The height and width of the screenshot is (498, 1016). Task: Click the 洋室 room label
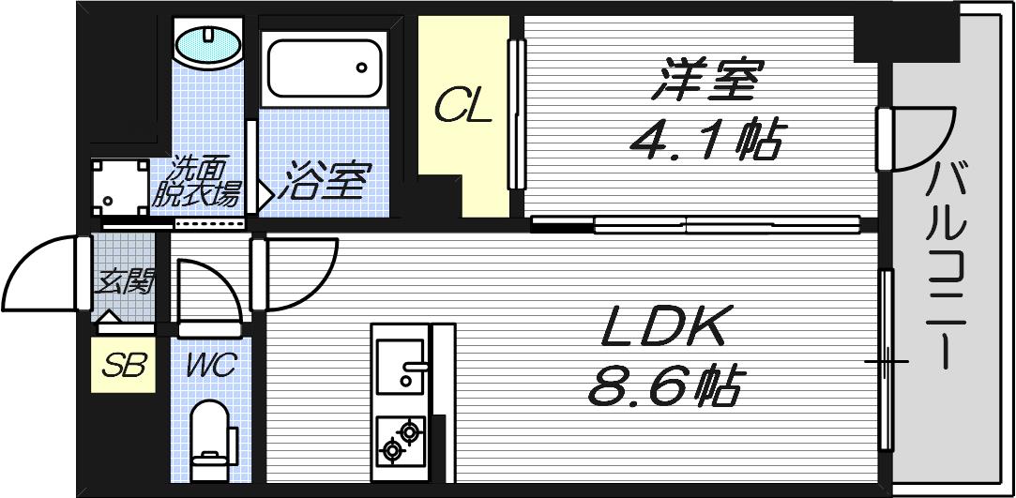tap(709, 81)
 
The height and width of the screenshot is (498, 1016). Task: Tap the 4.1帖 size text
tap(705, 141)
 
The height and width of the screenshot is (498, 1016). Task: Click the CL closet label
tap(463, 108)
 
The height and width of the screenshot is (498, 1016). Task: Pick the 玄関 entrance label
tap(124, 280)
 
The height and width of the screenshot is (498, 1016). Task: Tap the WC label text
tap(210, 365)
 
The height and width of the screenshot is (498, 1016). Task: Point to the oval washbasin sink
tap(208, 45)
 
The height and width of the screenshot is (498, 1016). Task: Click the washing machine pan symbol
tap(119, 188)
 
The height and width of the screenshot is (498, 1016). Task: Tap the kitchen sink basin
tap(401, 365)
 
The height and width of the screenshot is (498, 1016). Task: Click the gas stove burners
tap(400, 441)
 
